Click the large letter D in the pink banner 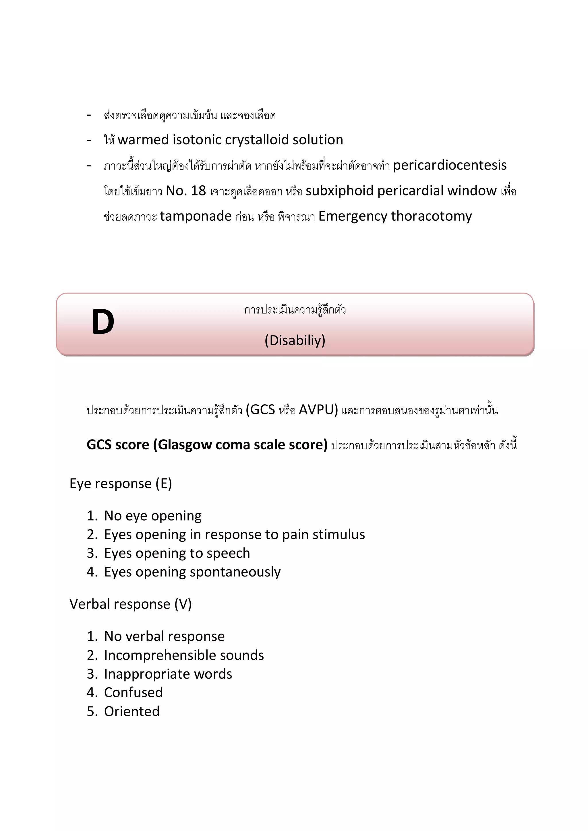pyautogui.click(x=103, y=321)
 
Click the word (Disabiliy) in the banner pyautogui.click(x=295, y=340)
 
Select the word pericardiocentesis pyautogui.click(x=449, y=165)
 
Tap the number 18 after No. pyautogui.click(x=198, y=191)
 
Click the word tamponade pyautogui.click(x=196, y=216)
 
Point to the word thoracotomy pyautogui.click(x=431, y=216)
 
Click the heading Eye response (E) pyautogui.click(x=121, y=484)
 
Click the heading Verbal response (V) pyautogui.click(x=130, y=604)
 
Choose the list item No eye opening pyautogui.click(x=152, y=515)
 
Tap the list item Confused pyautogui.click(x=133, y=692)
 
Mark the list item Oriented pyautogui.click(x=132, y=711)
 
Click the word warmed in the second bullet pyautogui.click(x=143, y=140)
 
